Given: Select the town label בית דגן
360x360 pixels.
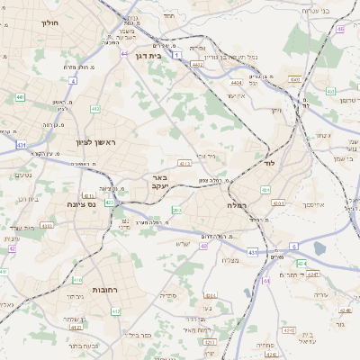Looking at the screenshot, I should [x=153, y=55].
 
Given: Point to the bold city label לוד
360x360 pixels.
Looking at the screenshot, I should [x=268, y=165].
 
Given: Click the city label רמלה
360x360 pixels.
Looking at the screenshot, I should [x=237, y=206].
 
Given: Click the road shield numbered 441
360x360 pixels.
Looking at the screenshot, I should [x=20, y=96].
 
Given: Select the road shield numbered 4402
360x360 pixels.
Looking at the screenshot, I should [x=197, y=65].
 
